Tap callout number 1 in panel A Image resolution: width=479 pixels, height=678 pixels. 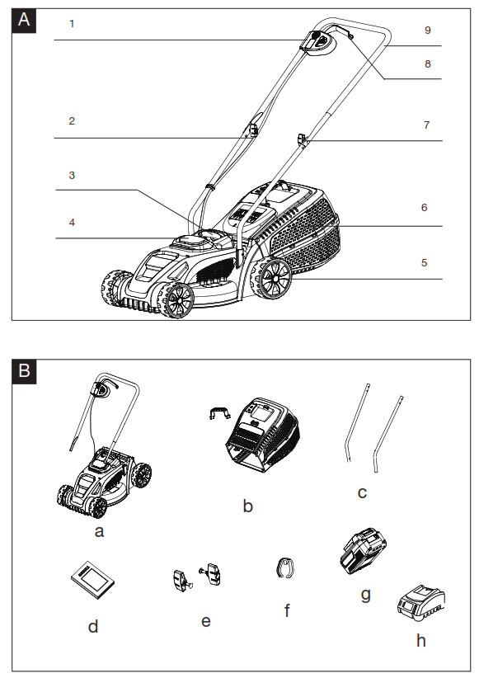click(x=72, y=24)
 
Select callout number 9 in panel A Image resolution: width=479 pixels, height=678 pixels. click(x=427, y=30)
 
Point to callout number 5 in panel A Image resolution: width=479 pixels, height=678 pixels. click(x=424, y=264)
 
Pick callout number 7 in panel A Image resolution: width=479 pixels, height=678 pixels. click(x=426, y=125)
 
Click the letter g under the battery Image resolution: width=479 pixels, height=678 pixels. click(x=366, y=593)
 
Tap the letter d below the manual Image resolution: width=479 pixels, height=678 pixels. click(x=93, y=627)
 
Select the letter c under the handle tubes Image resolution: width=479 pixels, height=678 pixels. click(x=362, y=493)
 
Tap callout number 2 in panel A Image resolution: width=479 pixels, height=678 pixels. click(x=72, y=120)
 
